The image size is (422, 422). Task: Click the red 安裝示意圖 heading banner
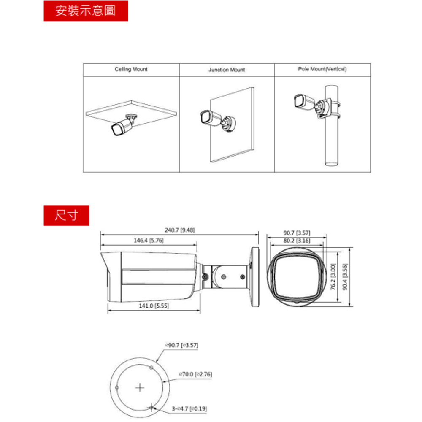pyautogui.click(x=86, y=11)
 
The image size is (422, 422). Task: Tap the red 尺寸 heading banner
pyautogui.click(x=66, y=215)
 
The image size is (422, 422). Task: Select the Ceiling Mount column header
pyautogui.click(x=131, y=69)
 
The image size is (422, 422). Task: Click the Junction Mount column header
pyautogui.click(x=227, y=70)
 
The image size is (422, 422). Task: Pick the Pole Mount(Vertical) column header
pyautogui.click(x=322, y=69)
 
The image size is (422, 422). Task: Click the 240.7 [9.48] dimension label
pyautogui.click(x=179, y=230)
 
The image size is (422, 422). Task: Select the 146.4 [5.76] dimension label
pyautogui.click(x=149, y=241)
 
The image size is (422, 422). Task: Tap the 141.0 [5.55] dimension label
pyautogui.click(x=154, y=306)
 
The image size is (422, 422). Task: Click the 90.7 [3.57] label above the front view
pyautogui.click(x=297, y=233)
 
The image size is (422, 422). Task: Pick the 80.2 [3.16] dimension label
pyautogui.click(x=297, y=241)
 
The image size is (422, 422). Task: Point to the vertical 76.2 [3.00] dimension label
pyautogui.click(x=333, y=277)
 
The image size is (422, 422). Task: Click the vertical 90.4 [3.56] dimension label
pyautogui.click(x=345, y=277)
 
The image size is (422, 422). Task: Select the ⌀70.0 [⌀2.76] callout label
pyautogui.click(x=195, y=374)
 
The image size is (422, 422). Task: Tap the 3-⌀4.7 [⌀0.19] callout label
pyautogui.click(x=189, y=409)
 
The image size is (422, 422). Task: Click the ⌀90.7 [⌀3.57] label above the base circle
pyautogui.click(x=181, y=345)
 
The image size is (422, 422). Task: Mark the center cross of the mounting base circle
pyautogui.click(x=140, y=388)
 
